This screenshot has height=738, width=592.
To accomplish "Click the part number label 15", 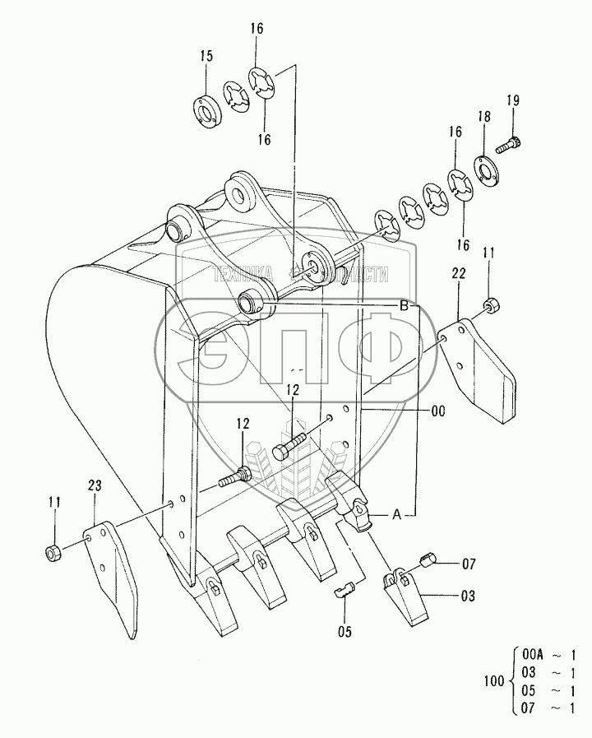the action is pos(206,56).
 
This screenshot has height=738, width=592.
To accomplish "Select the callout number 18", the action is pos(484,117).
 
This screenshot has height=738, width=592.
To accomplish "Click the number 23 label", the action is pos(95,487).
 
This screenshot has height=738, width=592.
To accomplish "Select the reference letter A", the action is pos(395,516).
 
